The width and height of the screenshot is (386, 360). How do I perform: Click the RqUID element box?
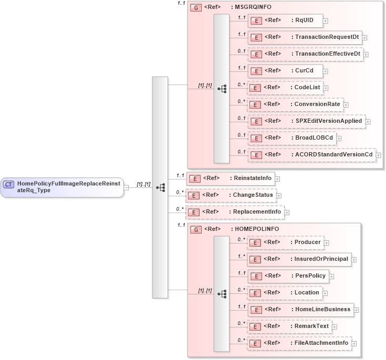(285, 20)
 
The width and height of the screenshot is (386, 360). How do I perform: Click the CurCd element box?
(285, 71)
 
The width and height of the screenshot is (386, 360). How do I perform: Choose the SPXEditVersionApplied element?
(306, 121)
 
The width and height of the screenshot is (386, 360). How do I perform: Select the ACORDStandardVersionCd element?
(311, 155)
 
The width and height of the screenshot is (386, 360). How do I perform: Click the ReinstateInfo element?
(231, 178)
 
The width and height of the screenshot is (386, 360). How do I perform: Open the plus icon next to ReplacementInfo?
(287, 213)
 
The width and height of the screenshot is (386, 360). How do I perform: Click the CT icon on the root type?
(9, 184)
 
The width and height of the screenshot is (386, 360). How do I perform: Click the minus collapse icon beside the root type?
(126, 187)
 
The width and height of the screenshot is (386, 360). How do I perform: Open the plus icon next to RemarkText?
(335, 327)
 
